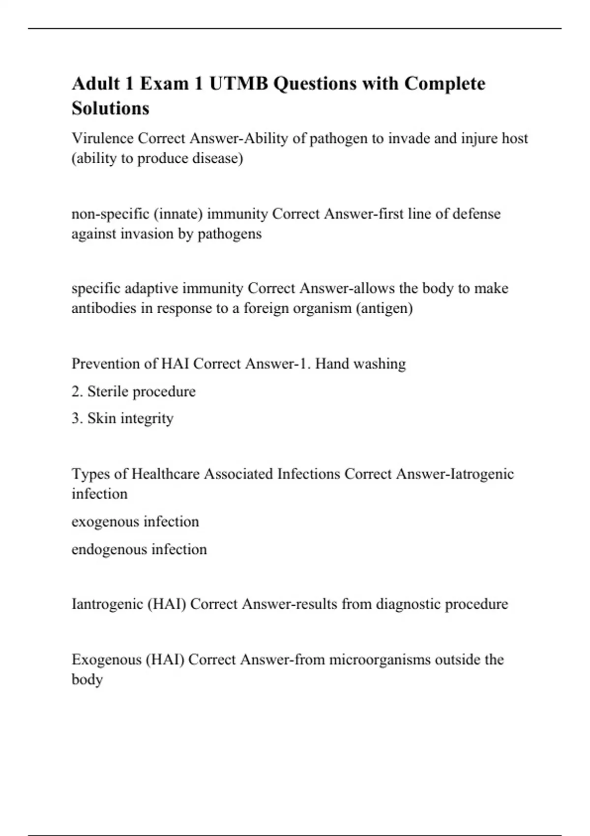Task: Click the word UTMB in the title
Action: pyautogui.click(x=238, y=84)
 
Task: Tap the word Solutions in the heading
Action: pyautogui.click(x=110, y=108)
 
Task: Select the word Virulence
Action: pyautogui.click(x=103, y=138)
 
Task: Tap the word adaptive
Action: pyautogui.click(x=151, y=288)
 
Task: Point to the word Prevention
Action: pyautogui.click(x=107, y=363)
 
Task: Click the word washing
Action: pyautogui.click(x=380, y=364)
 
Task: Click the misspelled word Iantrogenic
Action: pyautogui.click(x=107, y=604)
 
